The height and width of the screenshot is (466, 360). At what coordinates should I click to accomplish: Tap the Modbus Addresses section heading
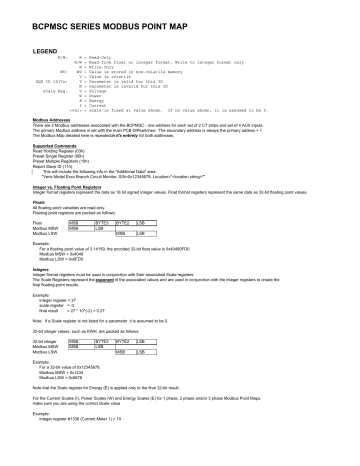point(53,145)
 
